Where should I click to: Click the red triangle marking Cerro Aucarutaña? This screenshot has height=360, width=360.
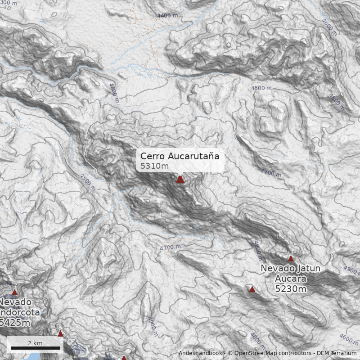pos(180,180)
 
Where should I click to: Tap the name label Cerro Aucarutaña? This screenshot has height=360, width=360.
pos(180,157)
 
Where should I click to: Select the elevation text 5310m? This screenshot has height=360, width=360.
pos(154,166)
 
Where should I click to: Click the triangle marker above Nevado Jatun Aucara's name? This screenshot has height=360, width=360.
pos(291,259)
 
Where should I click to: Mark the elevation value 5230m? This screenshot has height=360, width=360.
pos(291,289)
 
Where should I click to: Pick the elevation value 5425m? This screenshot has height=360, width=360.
pos(15,322)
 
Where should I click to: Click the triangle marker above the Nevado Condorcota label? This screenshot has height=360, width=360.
pos(14,292)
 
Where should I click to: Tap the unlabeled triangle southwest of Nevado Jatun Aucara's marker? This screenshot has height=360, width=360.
pos(252,289)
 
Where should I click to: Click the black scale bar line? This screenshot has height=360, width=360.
pos(35,348)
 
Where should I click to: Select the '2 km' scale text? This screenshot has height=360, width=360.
pos(35,343)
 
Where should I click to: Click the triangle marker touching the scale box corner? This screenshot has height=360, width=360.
pos(60,334)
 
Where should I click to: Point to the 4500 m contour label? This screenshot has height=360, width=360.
pos(87,182)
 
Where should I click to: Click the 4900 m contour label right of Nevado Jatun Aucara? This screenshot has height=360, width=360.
pos(352,269)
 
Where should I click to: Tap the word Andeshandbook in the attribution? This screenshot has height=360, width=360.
pos(200,353)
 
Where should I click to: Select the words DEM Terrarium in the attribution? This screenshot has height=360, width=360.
pos(336,353)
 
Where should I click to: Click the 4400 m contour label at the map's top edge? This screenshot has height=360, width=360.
pos(167,16)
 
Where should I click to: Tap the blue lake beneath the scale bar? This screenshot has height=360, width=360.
pos(31,356)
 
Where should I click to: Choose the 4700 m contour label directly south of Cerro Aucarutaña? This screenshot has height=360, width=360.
pos(170,247)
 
